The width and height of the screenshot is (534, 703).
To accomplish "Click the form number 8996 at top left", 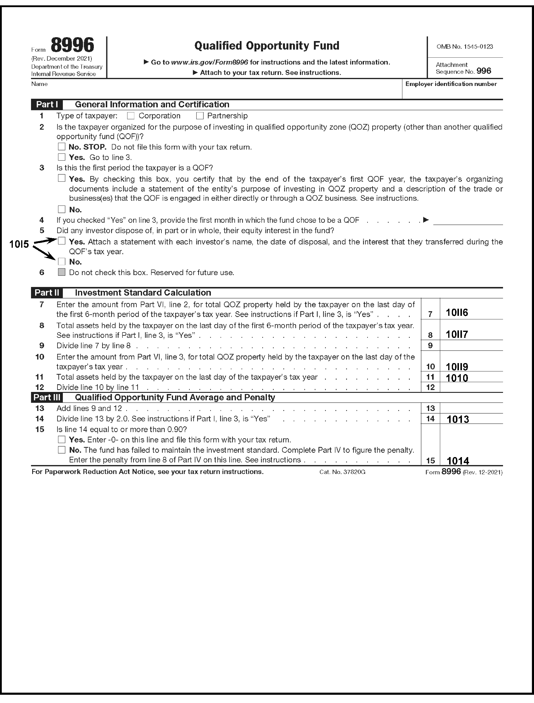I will pyautogui.click(x=72, y=45).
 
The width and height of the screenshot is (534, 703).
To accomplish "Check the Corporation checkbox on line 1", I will pyautogui.click(x=130, y=116).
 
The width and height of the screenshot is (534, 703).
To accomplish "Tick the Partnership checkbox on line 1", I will pyautogui.click(x=200, y=116).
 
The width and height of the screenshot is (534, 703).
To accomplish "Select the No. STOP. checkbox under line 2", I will pyautogui.click(x=61, y=147).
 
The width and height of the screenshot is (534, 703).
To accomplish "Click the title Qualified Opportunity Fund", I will pyautogui.click(x=267, y=46).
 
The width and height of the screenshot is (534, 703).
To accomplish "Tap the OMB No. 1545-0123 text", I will pyautogui.click(x=465, y=46).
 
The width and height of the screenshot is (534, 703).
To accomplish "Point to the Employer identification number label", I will pyautogui.click(x=451, y=84).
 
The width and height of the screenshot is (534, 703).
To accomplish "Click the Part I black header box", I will pyautogui.click(x=47, y=105).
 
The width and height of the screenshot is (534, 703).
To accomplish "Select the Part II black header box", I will pyautogui.click(x=47, y=293).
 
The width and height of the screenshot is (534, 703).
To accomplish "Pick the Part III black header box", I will pyautogui.click(x=47, y=397).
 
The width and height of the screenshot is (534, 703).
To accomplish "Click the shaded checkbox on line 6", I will pyautogui.click(x=61, y=272).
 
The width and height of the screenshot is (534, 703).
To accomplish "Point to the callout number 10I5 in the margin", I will pyautogui.click(x=19, y=244).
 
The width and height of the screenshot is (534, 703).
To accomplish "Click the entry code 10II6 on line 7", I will pyautogui.click(x=457, y=313).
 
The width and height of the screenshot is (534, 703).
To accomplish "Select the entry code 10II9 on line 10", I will pyautogui.click(x=457, y=367).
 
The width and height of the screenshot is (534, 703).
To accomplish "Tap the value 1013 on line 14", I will pyautogui.click(x=458, y=419).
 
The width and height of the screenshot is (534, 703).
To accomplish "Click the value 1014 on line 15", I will pyautogui.click(x=458, y=461).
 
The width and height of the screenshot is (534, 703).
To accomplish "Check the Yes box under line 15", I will pyautogui.click(x=61, y=440).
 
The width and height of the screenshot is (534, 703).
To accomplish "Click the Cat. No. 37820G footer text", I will pyautogui.click(x=342, y=472).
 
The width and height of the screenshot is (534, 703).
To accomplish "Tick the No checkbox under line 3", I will pyautogui.click(x=61, y=209).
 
